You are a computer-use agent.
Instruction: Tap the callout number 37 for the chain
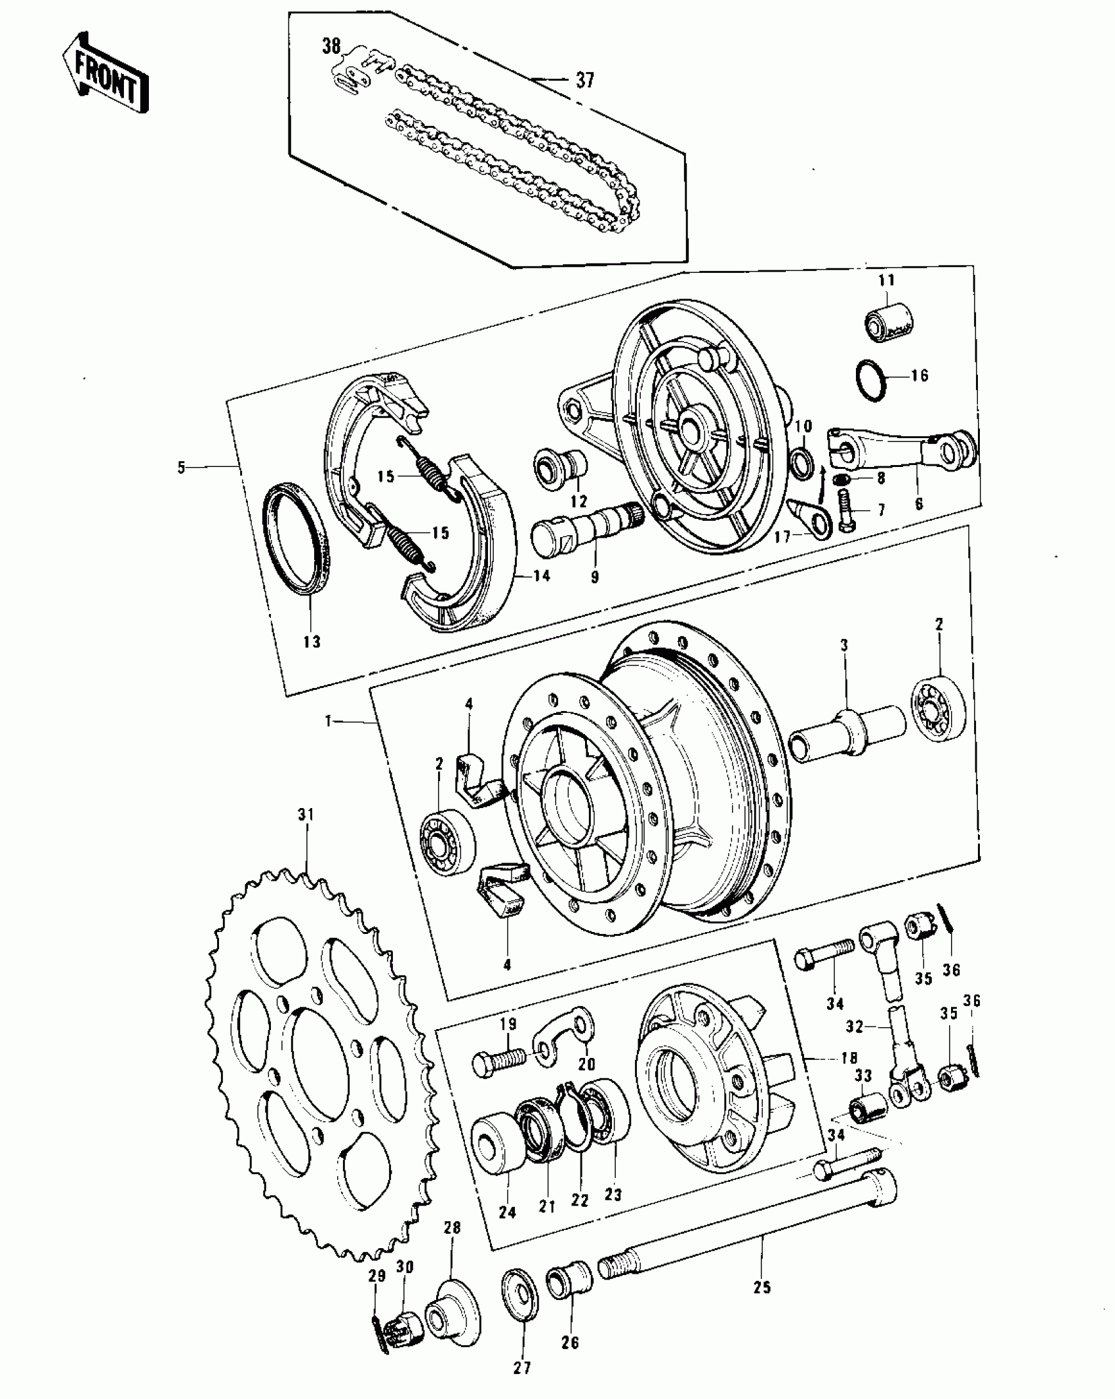tap(584, 81)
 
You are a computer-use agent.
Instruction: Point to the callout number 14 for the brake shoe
tap(542, 577)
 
